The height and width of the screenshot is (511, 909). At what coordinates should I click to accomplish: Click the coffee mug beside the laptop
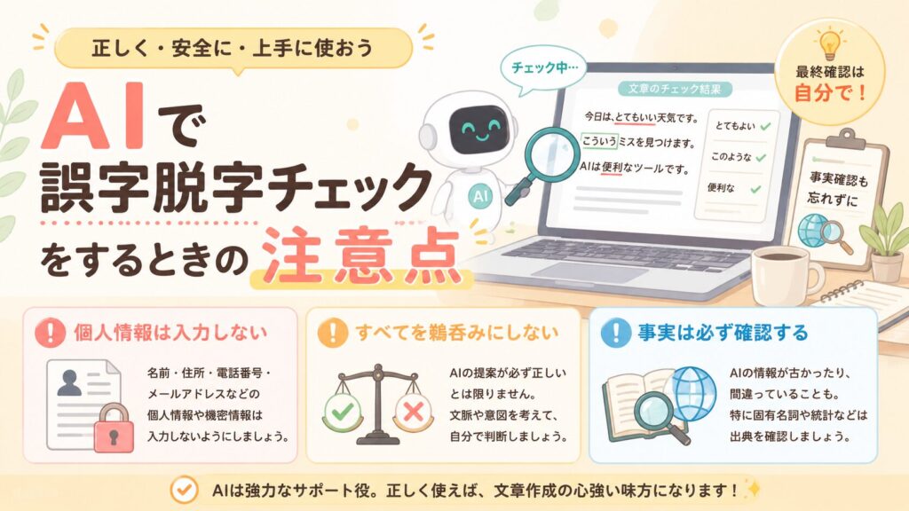786,277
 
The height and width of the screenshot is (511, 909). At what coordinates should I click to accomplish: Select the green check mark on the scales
342,412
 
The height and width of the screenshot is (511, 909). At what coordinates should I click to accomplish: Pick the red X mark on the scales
414,412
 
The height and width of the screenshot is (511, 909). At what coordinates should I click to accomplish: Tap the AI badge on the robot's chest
480,196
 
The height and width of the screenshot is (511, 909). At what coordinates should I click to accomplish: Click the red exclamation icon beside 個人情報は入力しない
50,333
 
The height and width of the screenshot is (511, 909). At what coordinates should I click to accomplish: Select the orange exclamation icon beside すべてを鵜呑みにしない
333,333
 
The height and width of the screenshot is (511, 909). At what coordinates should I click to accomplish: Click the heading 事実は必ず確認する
723,333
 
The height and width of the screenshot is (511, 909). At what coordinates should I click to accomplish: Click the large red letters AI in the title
92,116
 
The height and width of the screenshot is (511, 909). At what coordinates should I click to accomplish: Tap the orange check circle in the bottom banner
185,490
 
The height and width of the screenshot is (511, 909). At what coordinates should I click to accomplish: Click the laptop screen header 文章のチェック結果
675,90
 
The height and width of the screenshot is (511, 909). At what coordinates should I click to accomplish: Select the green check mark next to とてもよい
766,126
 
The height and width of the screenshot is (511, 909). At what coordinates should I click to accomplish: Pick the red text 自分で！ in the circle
830,92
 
